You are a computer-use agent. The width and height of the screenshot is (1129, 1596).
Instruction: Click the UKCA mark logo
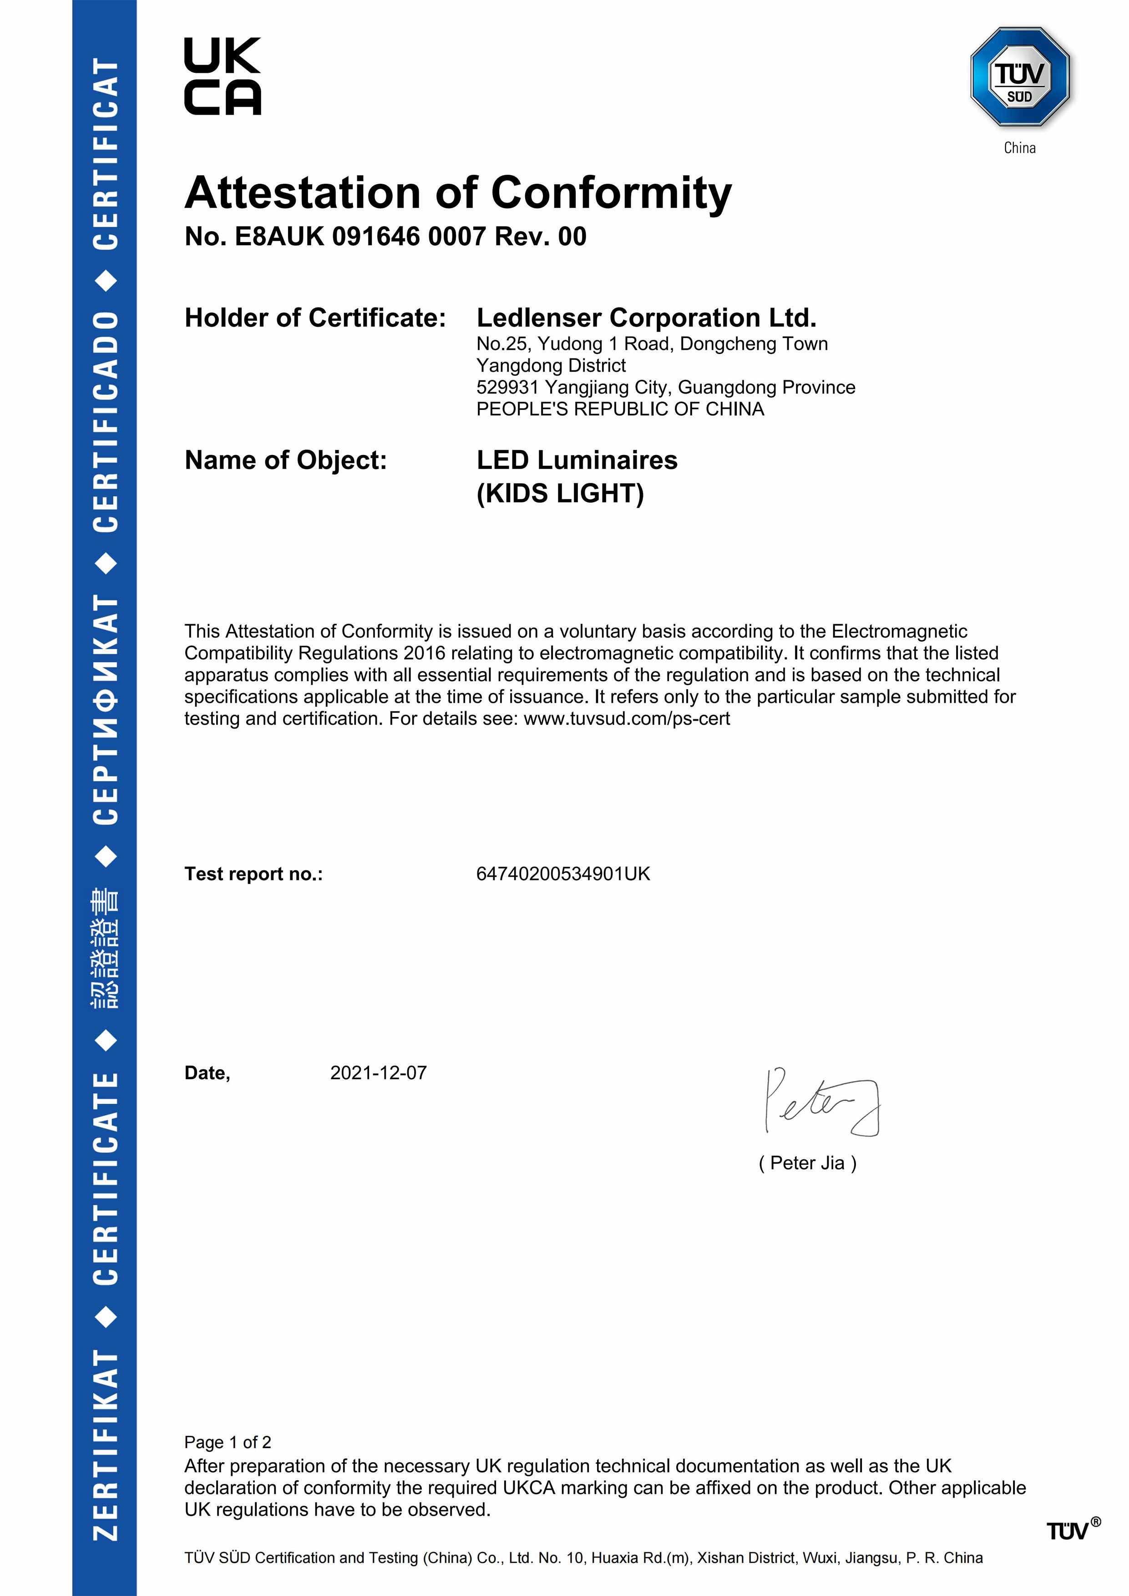(x=223, y=76)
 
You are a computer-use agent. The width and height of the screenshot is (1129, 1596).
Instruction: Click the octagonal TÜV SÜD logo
(x=1019, y=76)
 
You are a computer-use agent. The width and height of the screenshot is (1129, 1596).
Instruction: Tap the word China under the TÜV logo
(x=1019, y=148)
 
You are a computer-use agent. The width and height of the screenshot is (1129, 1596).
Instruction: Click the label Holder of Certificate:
(x=315, y=318)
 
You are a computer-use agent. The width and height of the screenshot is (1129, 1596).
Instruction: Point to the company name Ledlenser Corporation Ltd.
(x=646, y=318)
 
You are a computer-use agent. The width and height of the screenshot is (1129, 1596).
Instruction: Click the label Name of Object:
(x=285, y=460)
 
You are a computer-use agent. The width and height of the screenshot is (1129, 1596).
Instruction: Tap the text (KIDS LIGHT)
(x=560, y=494)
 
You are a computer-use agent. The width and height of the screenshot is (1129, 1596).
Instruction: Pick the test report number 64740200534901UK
(x=562, y=874)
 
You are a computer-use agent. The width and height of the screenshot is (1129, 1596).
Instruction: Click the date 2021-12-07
(x=378, y=1073)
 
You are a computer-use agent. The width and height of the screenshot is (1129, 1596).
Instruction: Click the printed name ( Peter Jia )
(x=807, y=1163)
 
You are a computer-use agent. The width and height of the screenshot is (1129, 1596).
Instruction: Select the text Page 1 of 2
(x=228, y=1442)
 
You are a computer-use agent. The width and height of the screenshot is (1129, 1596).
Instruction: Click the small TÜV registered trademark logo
(x=1072, y=1530)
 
